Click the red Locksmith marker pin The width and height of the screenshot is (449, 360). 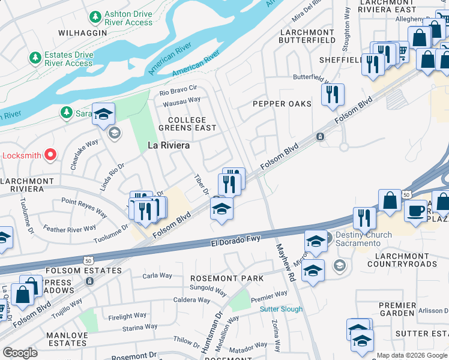point(50,155)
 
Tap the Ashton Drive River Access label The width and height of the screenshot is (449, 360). point(128,18)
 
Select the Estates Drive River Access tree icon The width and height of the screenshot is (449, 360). point(35,58)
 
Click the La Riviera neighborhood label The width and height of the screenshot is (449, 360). point(169,145)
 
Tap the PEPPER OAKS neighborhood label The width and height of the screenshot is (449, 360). point(282,104)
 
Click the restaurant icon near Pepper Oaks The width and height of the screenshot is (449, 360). point(332,95)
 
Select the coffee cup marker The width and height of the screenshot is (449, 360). point(415,211)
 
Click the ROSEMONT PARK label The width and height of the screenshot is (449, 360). point(226,278)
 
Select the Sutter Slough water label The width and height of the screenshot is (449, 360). point(281,309)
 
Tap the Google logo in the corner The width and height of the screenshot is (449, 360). point(20,352)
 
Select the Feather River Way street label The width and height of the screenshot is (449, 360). point(70,229)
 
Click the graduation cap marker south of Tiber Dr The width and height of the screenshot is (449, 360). point(221,209)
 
